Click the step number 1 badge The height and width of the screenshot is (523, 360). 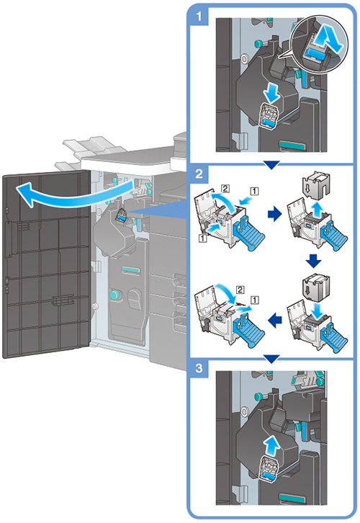pos(199,16)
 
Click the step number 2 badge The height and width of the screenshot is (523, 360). pos(199,174)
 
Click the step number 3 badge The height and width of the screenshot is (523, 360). pos(199,368)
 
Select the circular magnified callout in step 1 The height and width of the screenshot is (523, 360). pos(319,44)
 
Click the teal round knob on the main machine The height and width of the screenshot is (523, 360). pos(114,295)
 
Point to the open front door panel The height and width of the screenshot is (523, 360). pos(47,264)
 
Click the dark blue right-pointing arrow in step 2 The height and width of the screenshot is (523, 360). pos(275,214)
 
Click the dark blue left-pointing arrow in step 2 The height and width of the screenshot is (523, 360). pos(275,321)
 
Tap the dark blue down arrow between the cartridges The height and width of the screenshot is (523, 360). pos(313,261)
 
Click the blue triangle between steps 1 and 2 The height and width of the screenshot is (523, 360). pos(271,165)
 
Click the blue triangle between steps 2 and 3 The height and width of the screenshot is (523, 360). pos(271,359)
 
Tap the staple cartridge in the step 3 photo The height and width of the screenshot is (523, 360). pos(268,469)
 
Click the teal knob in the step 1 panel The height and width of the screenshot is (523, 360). pos(258,44)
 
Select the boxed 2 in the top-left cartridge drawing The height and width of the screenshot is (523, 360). pos(225,189)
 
